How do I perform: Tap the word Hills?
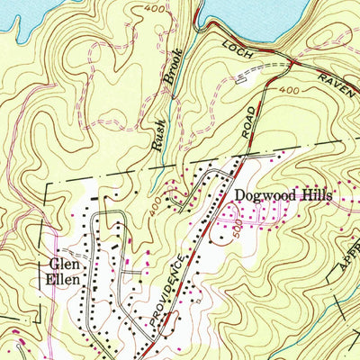point(311,194)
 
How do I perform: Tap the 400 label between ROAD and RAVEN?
point(289,92)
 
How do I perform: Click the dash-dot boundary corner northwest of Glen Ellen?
point(46,184)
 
